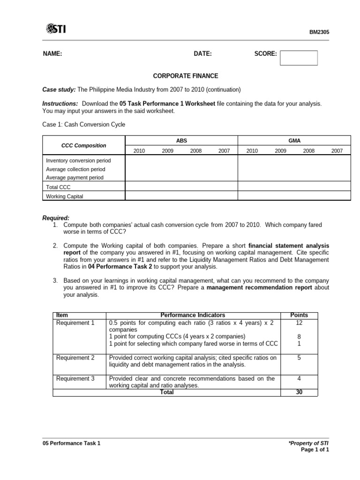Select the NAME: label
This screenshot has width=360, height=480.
(x=52, y=54)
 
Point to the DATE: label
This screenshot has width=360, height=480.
(x=203, y=54)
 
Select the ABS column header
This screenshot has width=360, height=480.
(x=181, y=140)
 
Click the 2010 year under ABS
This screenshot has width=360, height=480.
(x=139, y=151)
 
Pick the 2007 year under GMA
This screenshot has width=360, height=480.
(x=337, y=151)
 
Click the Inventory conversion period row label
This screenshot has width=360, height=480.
(x=78, y=160)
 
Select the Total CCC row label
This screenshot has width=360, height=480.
(x=58, y=187)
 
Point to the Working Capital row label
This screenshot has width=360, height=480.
(x=64, y=196)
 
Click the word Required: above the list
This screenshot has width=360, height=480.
(x=56, y=218)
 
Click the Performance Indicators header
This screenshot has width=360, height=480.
(x=193, y=315)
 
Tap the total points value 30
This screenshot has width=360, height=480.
(x=299, y=392)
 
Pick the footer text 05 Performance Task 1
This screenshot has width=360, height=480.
(x=71, y=443)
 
